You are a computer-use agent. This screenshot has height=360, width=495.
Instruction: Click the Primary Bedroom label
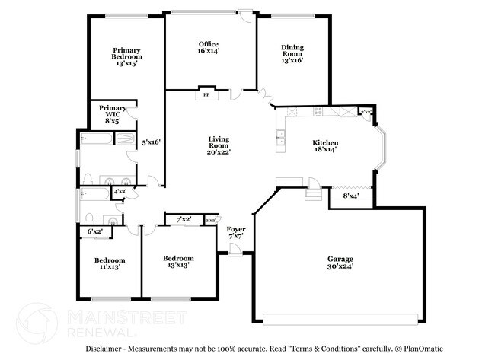[126, 56]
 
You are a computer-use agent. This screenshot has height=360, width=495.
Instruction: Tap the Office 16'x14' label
[209, 48]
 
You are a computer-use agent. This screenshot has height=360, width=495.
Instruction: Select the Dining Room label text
[292, 53]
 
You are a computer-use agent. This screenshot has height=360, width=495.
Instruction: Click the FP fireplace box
[206, 95]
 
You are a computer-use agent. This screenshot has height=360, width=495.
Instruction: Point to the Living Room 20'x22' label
[219, 145]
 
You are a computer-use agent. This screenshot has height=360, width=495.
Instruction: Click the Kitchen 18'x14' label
[325, 146]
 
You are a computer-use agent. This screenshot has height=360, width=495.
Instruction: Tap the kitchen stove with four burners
[318, 112]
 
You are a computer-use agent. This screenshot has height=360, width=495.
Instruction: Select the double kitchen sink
[281, 138]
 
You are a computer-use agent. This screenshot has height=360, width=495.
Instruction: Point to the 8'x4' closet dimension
[350, 196]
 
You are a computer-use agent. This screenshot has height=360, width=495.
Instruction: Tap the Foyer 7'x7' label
[236, 232]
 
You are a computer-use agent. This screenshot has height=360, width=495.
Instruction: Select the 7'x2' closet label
[183, 220]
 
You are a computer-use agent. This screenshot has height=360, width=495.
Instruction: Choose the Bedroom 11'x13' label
[104, 263]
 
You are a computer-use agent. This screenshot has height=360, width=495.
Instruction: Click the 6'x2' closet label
[95, 231]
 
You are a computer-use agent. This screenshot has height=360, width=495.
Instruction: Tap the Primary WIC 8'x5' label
[112, 114]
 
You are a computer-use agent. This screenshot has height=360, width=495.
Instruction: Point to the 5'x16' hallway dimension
[151, 142]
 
